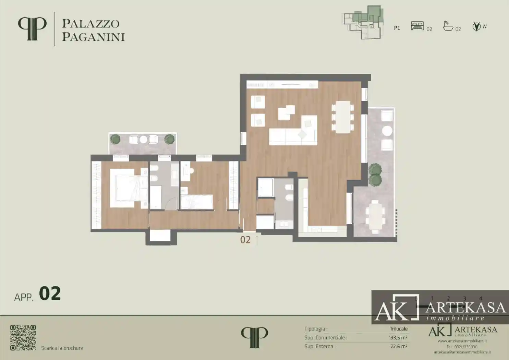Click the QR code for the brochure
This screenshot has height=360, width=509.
(23, 337)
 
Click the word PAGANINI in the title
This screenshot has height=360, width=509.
(93, 37)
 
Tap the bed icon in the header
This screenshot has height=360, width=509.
(417, 26)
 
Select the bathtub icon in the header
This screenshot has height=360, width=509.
(448, 26)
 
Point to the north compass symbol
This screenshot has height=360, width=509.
(476, 26)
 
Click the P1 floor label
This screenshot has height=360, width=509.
(397, 28)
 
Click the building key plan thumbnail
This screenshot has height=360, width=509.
(363, 21)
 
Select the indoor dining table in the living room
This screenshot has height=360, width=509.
(343, 117)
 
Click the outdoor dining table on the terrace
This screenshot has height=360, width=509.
(376, 217)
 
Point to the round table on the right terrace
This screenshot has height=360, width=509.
(387, 131)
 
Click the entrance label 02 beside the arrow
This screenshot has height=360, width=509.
(245, 240)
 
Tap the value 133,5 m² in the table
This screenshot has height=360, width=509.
(398, 338)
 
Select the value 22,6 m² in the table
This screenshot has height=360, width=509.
(399, 347)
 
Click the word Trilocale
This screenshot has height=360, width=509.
(398, 329)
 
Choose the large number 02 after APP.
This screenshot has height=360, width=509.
(50, 294)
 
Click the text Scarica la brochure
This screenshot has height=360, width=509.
(62, 348)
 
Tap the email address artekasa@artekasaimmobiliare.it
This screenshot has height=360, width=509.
(462, 352)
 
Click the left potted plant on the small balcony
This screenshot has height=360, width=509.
(115, 139)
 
